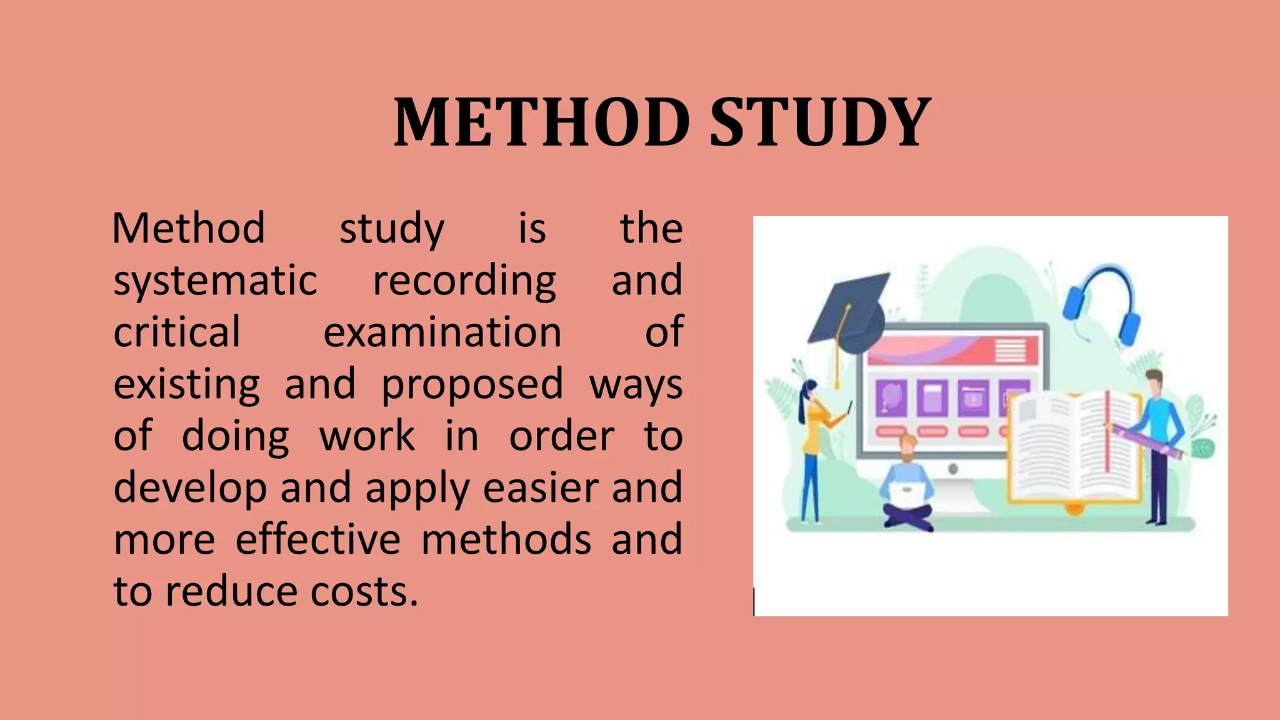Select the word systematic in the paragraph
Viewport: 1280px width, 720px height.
pos(215,281)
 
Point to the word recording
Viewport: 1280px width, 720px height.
pos(464,281)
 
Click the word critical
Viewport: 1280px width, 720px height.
pos(177,332)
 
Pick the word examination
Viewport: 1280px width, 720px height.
pos(442,332)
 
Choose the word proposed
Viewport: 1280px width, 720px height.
pos(472,385)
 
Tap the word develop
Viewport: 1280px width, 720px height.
pos(190,489)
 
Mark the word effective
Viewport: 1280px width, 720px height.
pos(317,540)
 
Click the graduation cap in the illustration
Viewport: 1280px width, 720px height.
pos(850,312)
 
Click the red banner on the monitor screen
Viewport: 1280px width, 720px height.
pos(953,350)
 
